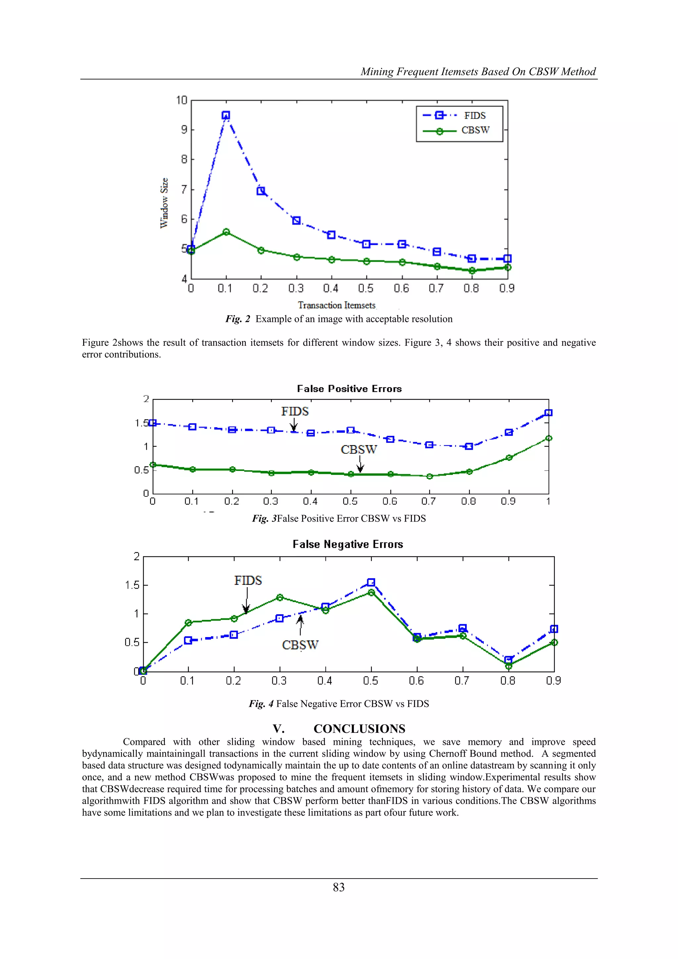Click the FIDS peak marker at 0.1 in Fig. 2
pos(226,115)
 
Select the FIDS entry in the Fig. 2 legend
pos(475,116)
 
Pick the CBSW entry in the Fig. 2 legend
pos(475,130)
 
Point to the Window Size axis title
pos(164,203)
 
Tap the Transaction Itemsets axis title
pos(336,305)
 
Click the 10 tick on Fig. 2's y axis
pos(182,100)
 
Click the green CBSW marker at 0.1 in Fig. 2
pos(226,232)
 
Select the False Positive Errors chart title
pos(349,389)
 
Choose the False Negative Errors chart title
pos(348,544)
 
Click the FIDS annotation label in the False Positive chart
pos(295,412)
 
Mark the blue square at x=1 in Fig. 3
pos(549,413)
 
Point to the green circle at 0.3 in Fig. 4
pos(280,597)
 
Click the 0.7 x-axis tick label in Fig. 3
pos(429,501)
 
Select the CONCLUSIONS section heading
pos(359,729)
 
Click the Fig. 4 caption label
pos(261,704)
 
